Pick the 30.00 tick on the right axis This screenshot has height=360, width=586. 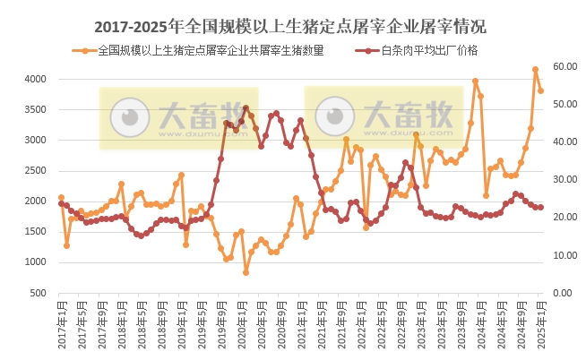(566, 180)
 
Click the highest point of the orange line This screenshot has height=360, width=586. (535, 69)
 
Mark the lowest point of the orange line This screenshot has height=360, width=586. (246, 272)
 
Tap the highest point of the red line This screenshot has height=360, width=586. (246, 107)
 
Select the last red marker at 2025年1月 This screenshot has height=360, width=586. (540, 207)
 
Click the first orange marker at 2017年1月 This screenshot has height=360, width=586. (61, 197)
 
